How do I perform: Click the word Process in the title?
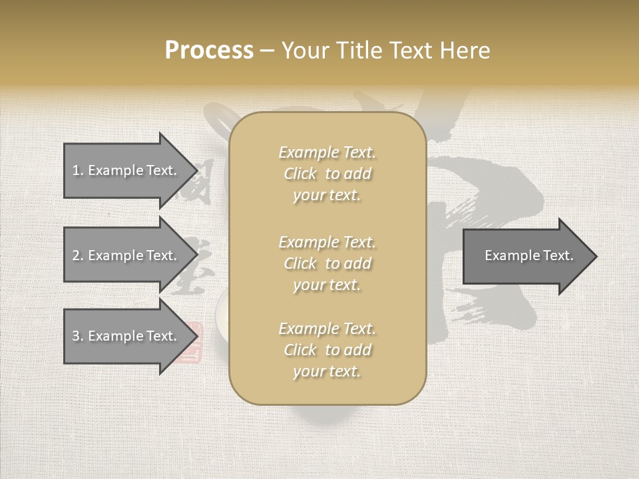pyautogui.click(x=209, y=51)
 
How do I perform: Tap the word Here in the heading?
pyautogui.click(x=464, y=51)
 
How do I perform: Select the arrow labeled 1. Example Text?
pyautogui.click(x=126, y=170)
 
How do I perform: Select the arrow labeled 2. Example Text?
pyautogui.click(x=126, y=255)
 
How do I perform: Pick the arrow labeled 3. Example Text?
pyautogui.click(x=126, y=336)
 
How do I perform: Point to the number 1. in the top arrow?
pyautogui.click(x=77, y=170)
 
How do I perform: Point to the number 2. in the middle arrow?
pyautogui.click(x=78, y=255)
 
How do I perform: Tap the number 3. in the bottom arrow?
pyautogui.click(x=78, y=336)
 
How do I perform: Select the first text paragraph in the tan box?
pyautogui.click(x=327, y=174)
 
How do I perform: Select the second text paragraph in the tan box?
pyautogui.click(x=327, y=263)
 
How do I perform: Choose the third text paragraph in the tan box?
pyautogui.click(x=327, y=350)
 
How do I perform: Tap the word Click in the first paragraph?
pyautogui.click(x=300, y=174)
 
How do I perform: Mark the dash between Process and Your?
pyautogui.click(x=268, y=51)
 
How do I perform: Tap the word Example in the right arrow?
pyautogui.click(x=509, y=255)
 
